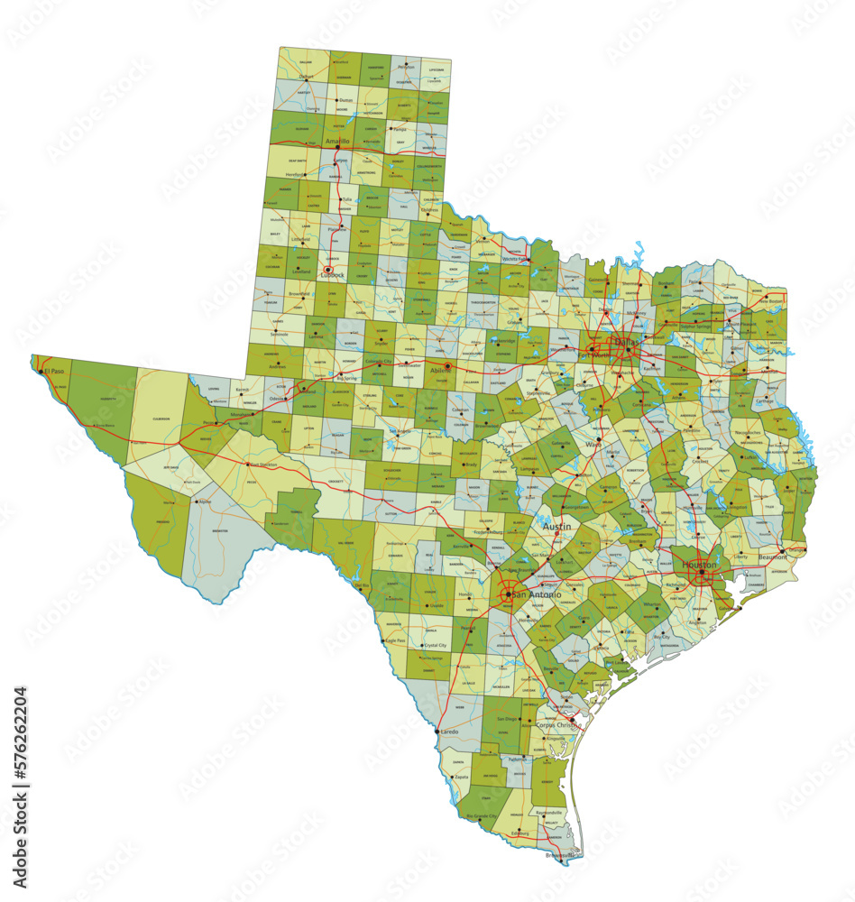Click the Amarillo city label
coord(337,142)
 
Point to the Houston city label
coord(700,565)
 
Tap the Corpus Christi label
coord(556,725)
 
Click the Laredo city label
coord(448,732)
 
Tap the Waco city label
coord(593,445)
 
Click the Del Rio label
coord(363,585)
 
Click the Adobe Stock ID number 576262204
coord(20,767)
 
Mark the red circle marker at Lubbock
coord(328,269)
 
